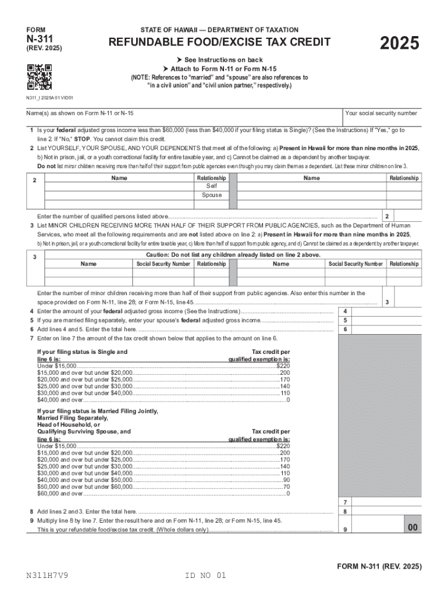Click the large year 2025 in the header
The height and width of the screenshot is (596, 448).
(399, 44)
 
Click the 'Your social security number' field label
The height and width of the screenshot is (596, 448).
(381, 113)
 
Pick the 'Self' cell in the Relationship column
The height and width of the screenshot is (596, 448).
(211, 186)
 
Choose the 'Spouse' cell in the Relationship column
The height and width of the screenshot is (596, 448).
(211, 195)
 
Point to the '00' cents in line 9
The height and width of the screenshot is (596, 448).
(413, 527)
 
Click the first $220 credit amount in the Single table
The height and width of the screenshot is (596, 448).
(283, 366)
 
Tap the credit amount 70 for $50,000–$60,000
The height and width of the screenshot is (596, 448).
(286, 487)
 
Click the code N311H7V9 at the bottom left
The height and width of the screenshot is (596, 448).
(50, 576)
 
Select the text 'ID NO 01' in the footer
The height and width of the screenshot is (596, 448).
(205, 576)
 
